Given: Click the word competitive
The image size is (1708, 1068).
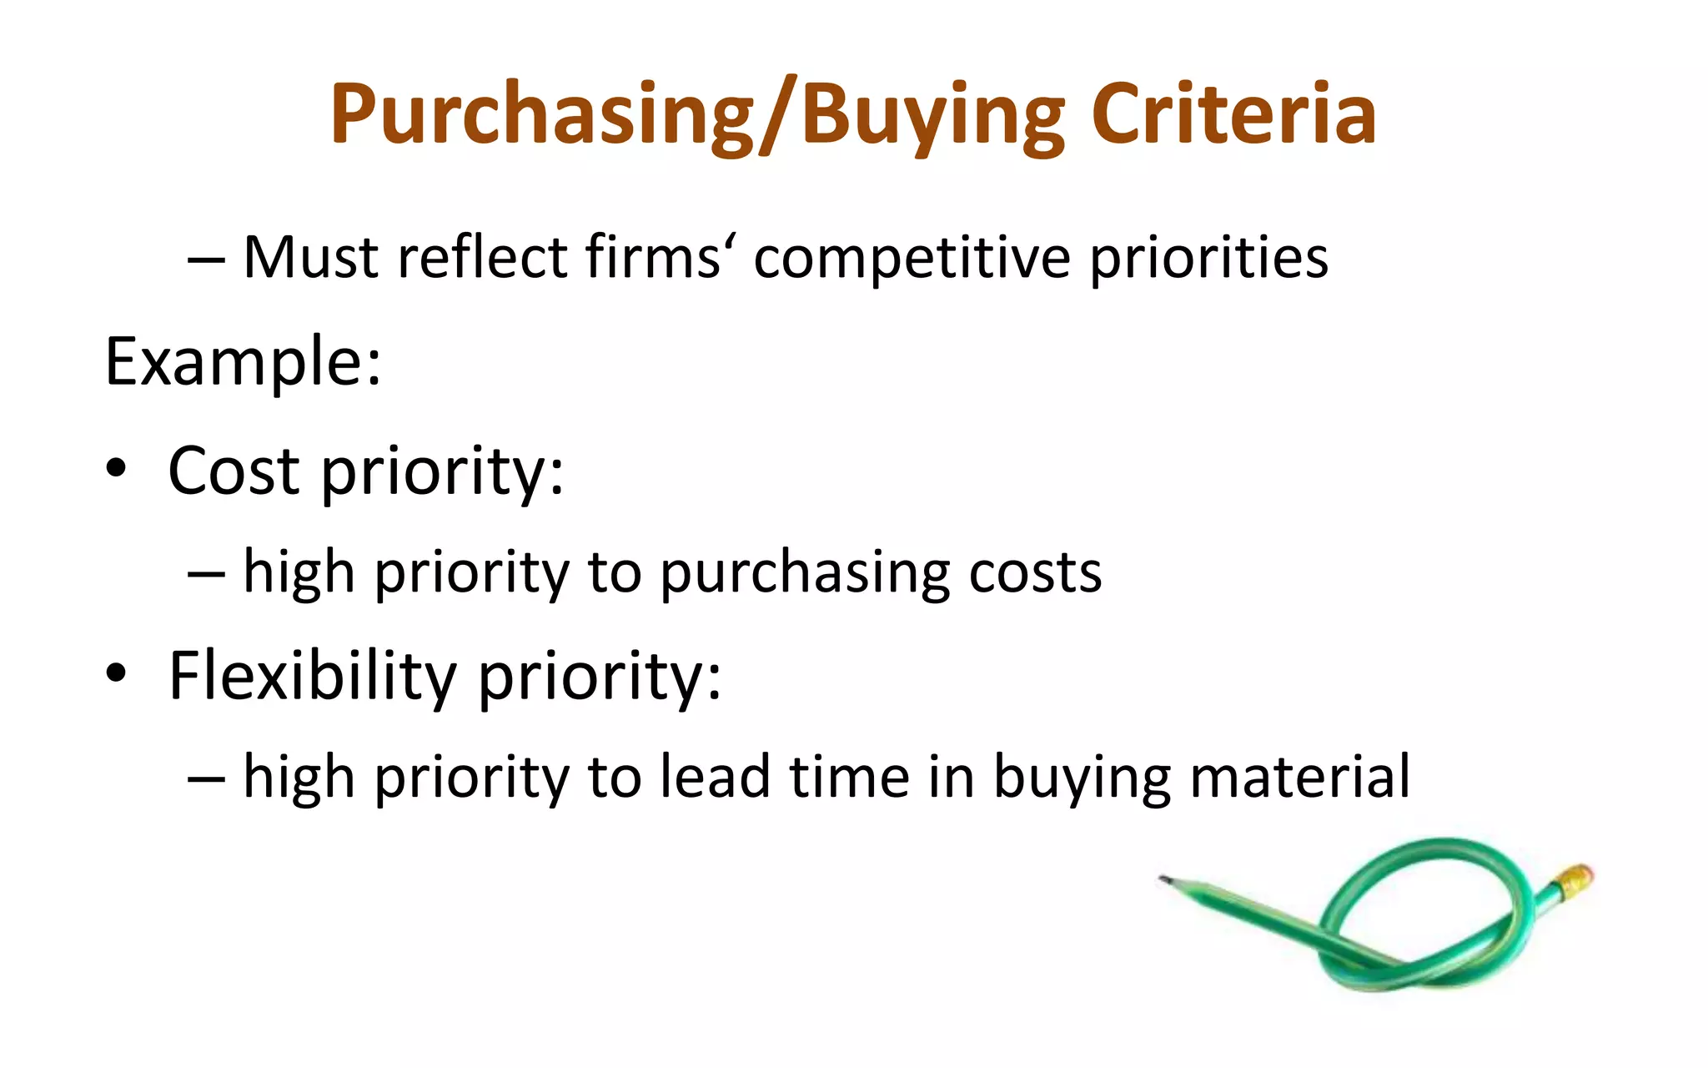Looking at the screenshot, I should tap(912, 257).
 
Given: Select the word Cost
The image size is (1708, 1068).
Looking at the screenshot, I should tap(234, 471).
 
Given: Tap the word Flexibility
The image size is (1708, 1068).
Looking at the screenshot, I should tap(312, 675).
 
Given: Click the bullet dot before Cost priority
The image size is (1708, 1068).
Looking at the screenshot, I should tap(116, 470).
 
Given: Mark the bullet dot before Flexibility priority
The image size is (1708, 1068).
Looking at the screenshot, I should tap(116, 673).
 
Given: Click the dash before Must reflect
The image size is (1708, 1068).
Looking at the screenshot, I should tap(206, 259).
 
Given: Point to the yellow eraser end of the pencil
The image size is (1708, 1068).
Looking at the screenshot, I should tap(1575, 880).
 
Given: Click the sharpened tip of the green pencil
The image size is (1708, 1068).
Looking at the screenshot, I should tap(1163, 879).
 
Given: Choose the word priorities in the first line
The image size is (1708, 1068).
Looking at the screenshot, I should tap(1208, 259).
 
